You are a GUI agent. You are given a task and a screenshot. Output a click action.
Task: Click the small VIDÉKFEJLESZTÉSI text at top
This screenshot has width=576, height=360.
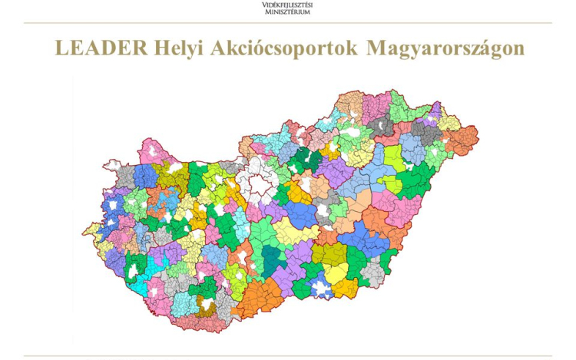(287, 5)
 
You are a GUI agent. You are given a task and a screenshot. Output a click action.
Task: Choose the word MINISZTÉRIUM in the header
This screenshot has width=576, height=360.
(287, 12)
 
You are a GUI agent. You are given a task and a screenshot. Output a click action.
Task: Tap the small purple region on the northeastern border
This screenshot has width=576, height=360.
(434, 115)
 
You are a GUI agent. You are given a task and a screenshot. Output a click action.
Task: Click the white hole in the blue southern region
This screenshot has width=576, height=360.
(322, 289)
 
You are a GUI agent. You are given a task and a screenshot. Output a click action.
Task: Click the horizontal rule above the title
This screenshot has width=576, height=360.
(287, 23)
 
